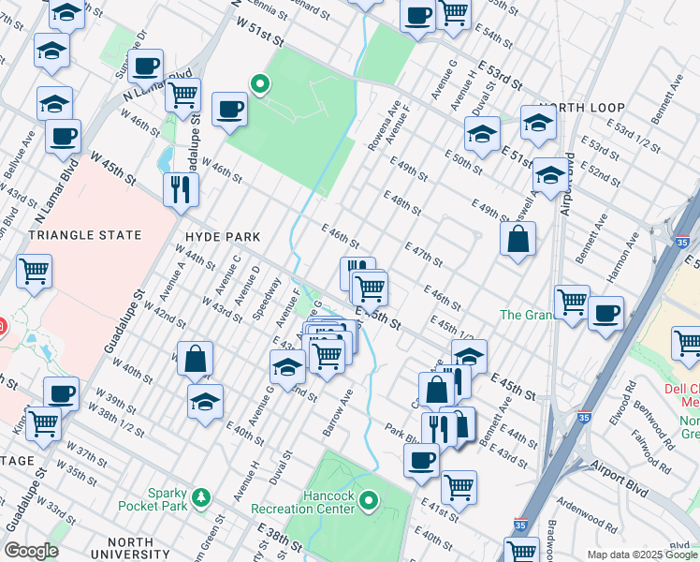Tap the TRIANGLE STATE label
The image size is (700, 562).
pos(85,235)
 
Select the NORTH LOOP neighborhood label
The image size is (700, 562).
pos(576,108)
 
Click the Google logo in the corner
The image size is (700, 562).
pos(30,551)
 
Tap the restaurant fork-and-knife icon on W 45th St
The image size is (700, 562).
pos(179,188)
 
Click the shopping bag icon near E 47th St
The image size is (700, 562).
pos(518,240)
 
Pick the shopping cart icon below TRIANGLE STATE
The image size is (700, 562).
pos(35,272)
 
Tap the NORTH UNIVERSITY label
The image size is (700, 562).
pos(143,542)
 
